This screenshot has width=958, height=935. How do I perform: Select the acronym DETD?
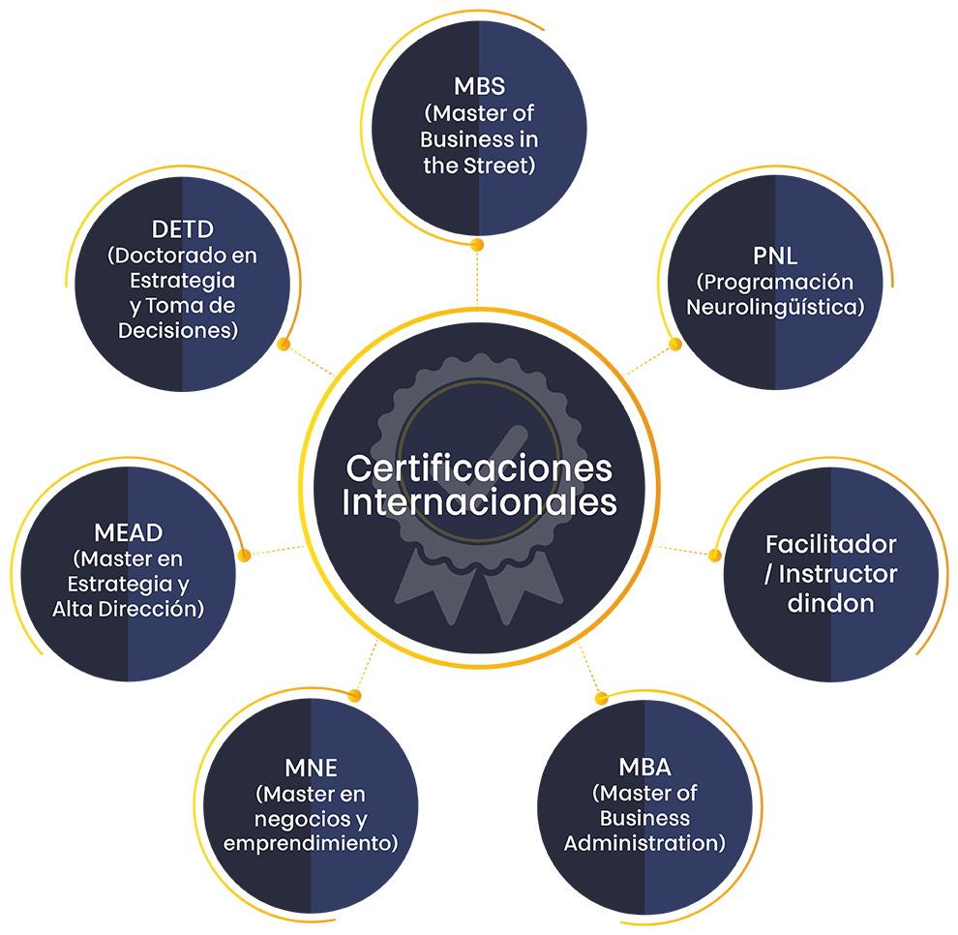[x=183, y=230]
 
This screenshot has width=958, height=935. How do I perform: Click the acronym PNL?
[x=775, y=257]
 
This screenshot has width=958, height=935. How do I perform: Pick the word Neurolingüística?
[x=775, y=308]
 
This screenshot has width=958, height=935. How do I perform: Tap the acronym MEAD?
[x=129, y=533]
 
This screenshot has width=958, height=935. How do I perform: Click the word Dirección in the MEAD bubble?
[x=155, y=609]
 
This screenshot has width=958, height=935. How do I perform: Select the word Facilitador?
[x=830, y=544]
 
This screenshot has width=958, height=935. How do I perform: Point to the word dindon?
[x=830, y=604]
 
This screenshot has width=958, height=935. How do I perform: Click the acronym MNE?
[x=311, y=769]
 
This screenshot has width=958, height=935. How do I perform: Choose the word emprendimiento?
[x=311, y=843]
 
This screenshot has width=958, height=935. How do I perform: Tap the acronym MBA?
[x=644, y=769]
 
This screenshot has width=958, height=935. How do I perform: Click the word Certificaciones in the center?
[x=479, y=468]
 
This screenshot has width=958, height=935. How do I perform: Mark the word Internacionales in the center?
[x=479, y=503]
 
